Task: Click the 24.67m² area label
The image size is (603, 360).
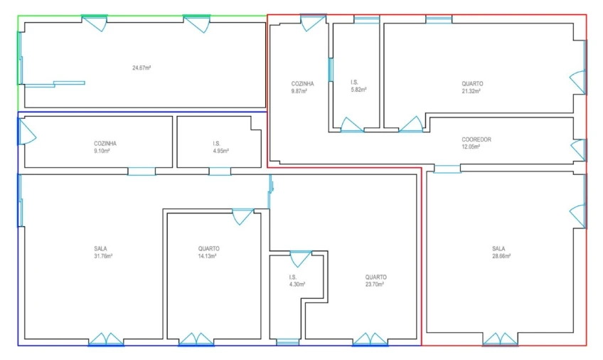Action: [142, 68]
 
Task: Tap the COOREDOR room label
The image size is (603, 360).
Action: [476, 139]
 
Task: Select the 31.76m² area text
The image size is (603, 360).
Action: [103, 256]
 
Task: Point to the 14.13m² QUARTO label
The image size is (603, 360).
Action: [208, 253]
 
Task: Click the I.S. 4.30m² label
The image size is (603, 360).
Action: [297, 281]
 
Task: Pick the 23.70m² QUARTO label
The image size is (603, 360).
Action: [375, 281]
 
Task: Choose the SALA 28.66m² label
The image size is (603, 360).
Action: [501, 253]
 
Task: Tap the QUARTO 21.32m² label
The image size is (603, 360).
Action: [472, 88]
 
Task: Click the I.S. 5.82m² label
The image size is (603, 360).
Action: [358, 86]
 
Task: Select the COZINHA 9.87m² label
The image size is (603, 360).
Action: [302, 88]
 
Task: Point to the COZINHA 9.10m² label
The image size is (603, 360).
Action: [105, 147]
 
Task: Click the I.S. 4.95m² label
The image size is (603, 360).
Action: [220, 147]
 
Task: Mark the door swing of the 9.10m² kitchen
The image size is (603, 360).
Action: [27, 132]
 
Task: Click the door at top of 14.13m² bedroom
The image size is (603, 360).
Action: [242, 217]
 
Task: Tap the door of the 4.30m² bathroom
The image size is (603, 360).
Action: [300, 259]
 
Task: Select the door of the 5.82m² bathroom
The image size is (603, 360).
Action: [352, 125]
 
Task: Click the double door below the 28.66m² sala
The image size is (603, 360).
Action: [500, 339]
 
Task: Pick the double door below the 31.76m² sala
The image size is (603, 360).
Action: [106, 339]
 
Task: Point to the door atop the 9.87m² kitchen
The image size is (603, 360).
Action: [313, 23]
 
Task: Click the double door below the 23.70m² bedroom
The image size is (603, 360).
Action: [370, 339]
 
